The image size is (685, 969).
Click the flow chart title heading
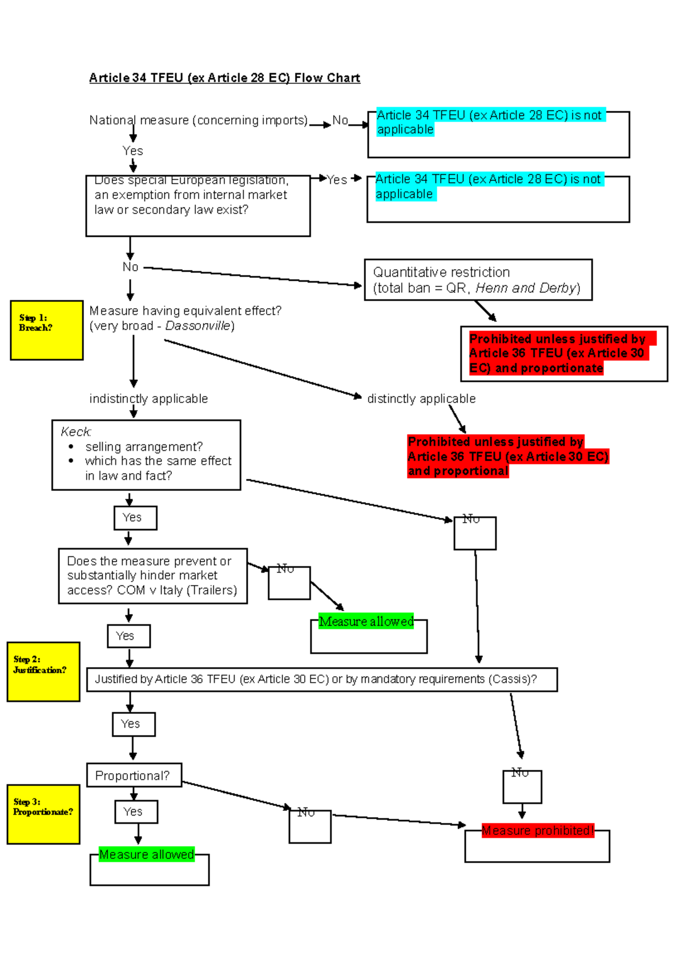(224, 78)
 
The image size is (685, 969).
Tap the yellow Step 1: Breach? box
(47, 330)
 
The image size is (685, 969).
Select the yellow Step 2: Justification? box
(43, 671)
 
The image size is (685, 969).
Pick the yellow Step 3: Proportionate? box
(43, 814)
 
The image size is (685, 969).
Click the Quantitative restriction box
(478, 280)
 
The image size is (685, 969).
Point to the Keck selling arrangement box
(146, 455)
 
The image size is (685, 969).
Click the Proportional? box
(134, 775)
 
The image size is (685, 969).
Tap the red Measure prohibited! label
(537, 831)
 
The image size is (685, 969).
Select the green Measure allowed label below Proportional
(147, 854)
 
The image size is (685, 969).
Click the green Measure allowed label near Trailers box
(366, 621)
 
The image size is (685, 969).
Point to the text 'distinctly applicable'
(421, 399)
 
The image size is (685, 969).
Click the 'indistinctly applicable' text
(148, 399)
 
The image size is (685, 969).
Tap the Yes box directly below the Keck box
(135, 518)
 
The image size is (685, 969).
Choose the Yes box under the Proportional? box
(136, 811)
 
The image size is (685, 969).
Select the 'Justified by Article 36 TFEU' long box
(321, 679)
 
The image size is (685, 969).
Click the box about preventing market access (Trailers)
(152, 576)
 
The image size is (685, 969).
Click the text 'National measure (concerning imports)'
(198, 120)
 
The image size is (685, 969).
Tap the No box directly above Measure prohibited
(522, 786)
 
